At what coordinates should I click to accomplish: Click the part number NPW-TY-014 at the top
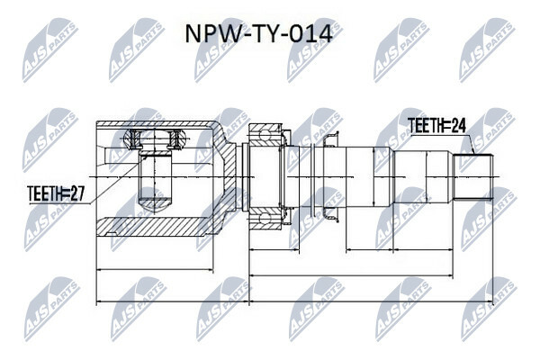[259, 34]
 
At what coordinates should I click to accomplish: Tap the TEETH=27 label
[56, 194]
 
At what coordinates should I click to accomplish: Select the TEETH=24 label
[436, 126]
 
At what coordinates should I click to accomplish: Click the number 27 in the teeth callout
[76, 194]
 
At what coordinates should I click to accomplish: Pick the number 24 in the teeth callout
[458, 126]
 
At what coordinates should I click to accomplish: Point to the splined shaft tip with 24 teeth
[473, 177]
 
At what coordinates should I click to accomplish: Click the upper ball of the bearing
[265, 134]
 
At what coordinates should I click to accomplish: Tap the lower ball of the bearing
[265, 220]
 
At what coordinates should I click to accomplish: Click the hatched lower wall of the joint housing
[154, 228]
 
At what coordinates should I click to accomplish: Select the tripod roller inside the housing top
[155, 139]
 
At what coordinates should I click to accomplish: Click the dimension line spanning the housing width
[155, 270]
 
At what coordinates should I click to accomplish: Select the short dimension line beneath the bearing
[274, 249]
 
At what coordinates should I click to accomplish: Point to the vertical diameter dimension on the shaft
[374, 177]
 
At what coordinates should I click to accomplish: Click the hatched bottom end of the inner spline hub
[155, 203]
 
